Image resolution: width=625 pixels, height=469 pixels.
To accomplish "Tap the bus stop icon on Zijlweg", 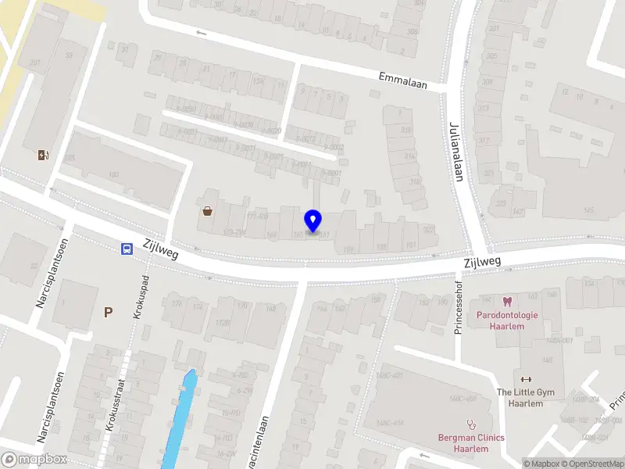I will tap(126, 249).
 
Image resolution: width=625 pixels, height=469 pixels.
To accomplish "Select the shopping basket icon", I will tap(208, 210).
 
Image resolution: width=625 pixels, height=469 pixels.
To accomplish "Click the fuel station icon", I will tap(42, 155).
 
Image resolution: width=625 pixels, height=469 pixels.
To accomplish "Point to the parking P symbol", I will tap(109, 313).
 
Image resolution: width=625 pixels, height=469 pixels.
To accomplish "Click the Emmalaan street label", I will tap(402, 81).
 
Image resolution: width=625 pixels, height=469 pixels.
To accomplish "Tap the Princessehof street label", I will tap(459, 307).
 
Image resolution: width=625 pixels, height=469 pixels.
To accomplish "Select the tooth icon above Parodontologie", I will tap(506, 301).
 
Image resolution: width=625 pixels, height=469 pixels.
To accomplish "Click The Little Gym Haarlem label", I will tap(524, 397).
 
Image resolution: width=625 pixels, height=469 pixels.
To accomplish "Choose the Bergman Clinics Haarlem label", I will tap(470, 443).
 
